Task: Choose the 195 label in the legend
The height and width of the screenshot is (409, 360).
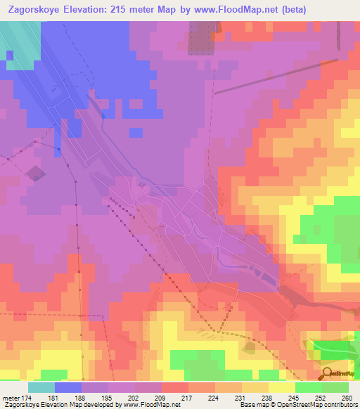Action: pos(107,398)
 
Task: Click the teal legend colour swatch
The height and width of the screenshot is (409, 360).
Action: pos(41,387)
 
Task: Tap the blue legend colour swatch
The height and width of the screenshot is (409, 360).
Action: pos(68,387)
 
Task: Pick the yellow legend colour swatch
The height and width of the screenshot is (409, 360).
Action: pos(282,387)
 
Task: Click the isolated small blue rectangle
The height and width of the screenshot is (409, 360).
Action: pos(136,131)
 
